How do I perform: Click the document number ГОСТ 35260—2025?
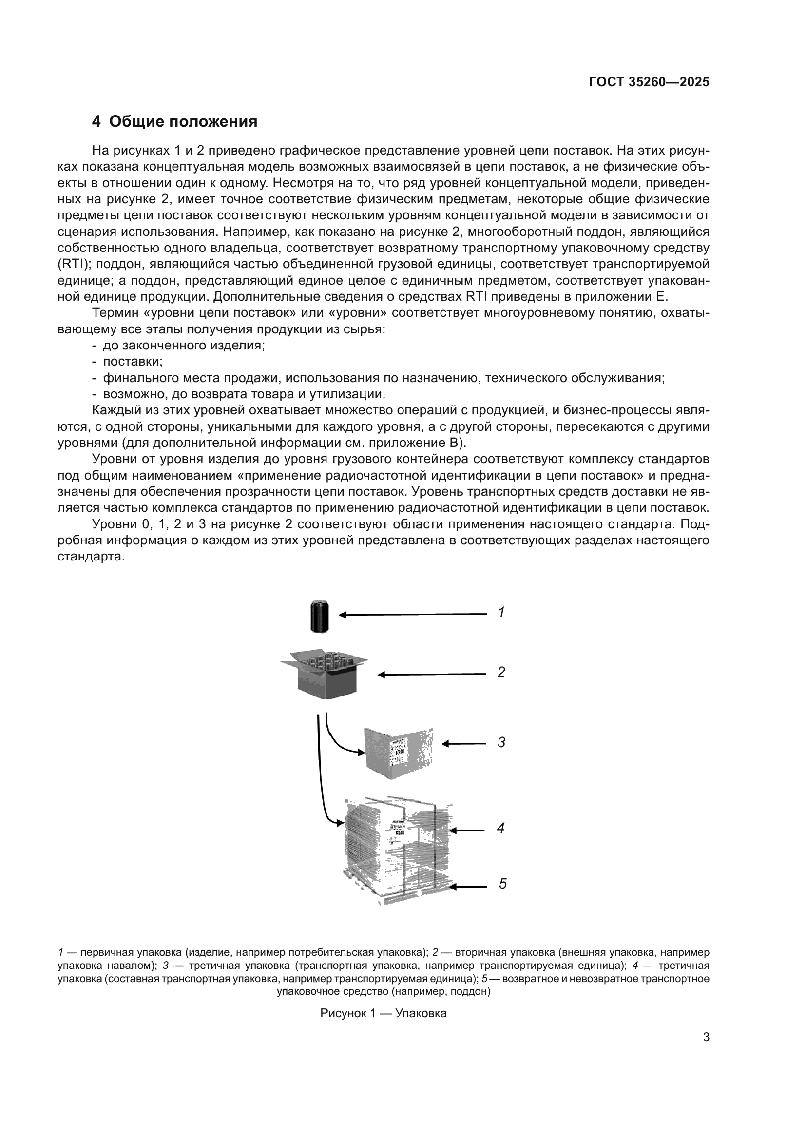(649, 82)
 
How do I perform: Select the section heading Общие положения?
(175, 122)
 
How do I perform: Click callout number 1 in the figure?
(501, 613)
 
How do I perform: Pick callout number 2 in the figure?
(501, 672)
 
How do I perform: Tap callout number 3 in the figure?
(501, 743)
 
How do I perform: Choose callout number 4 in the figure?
(501, 828)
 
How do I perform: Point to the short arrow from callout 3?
(463, 744)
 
